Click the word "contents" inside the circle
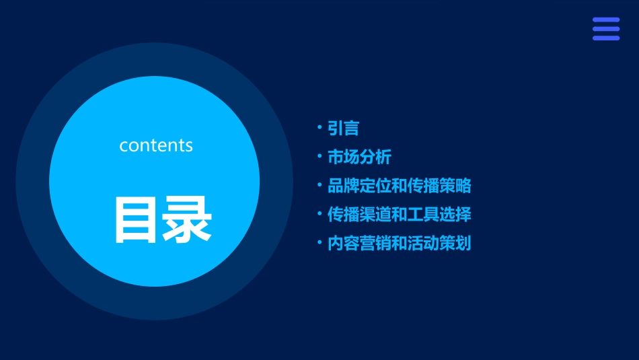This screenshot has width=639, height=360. pos(156,145)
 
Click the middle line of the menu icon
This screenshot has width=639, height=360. pos(605,29)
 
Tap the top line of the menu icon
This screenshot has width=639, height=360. pos(605,20)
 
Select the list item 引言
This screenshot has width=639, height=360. pos(343,128)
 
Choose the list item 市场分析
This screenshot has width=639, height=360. pos(359,157)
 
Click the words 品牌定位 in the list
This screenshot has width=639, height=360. pos(359,186)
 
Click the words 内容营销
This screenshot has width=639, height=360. pos(359,244)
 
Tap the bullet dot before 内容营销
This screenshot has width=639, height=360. pos(319,242)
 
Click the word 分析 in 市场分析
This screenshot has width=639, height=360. pos(375,157)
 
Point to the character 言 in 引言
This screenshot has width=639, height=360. pos(351,128)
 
